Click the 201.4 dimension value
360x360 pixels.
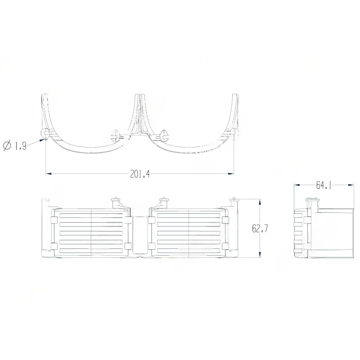pos(139,175)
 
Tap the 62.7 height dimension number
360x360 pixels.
pos(260,229)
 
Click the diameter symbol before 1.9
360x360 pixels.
pos(7,146)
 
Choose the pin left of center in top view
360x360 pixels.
pos(114,135)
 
